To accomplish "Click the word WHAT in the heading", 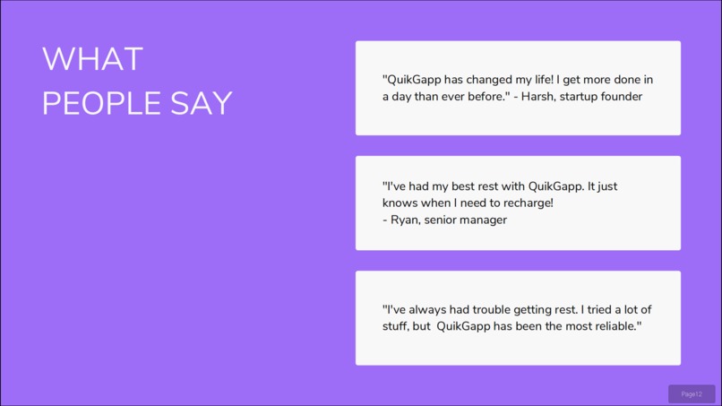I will (x=92, y=60).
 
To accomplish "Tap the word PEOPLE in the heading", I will (x=89, y=104).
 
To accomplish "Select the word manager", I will (x=484, y=220).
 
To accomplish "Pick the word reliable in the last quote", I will (x=612, y=326).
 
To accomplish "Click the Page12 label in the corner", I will (x=692, y=394).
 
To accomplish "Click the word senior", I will (x=441, y=220).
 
